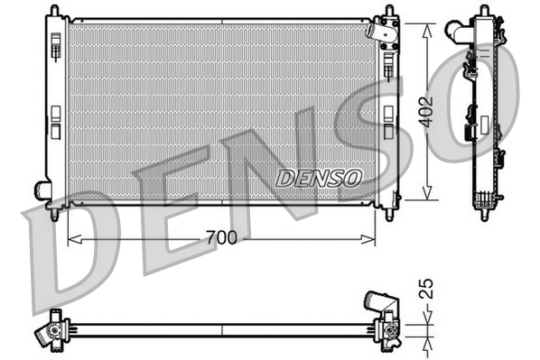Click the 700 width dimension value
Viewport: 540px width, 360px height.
pos(220,238)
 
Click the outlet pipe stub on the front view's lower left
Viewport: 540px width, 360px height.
pos(42,190)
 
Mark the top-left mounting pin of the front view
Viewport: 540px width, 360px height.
pos(56,8)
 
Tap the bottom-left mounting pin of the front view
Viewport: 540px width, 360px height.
pos(56,214)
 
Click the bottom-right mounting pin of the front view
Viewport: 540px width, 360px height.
pos(389,214)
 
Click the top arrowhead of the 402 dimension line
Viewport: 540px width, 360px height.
pos(425,23)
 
